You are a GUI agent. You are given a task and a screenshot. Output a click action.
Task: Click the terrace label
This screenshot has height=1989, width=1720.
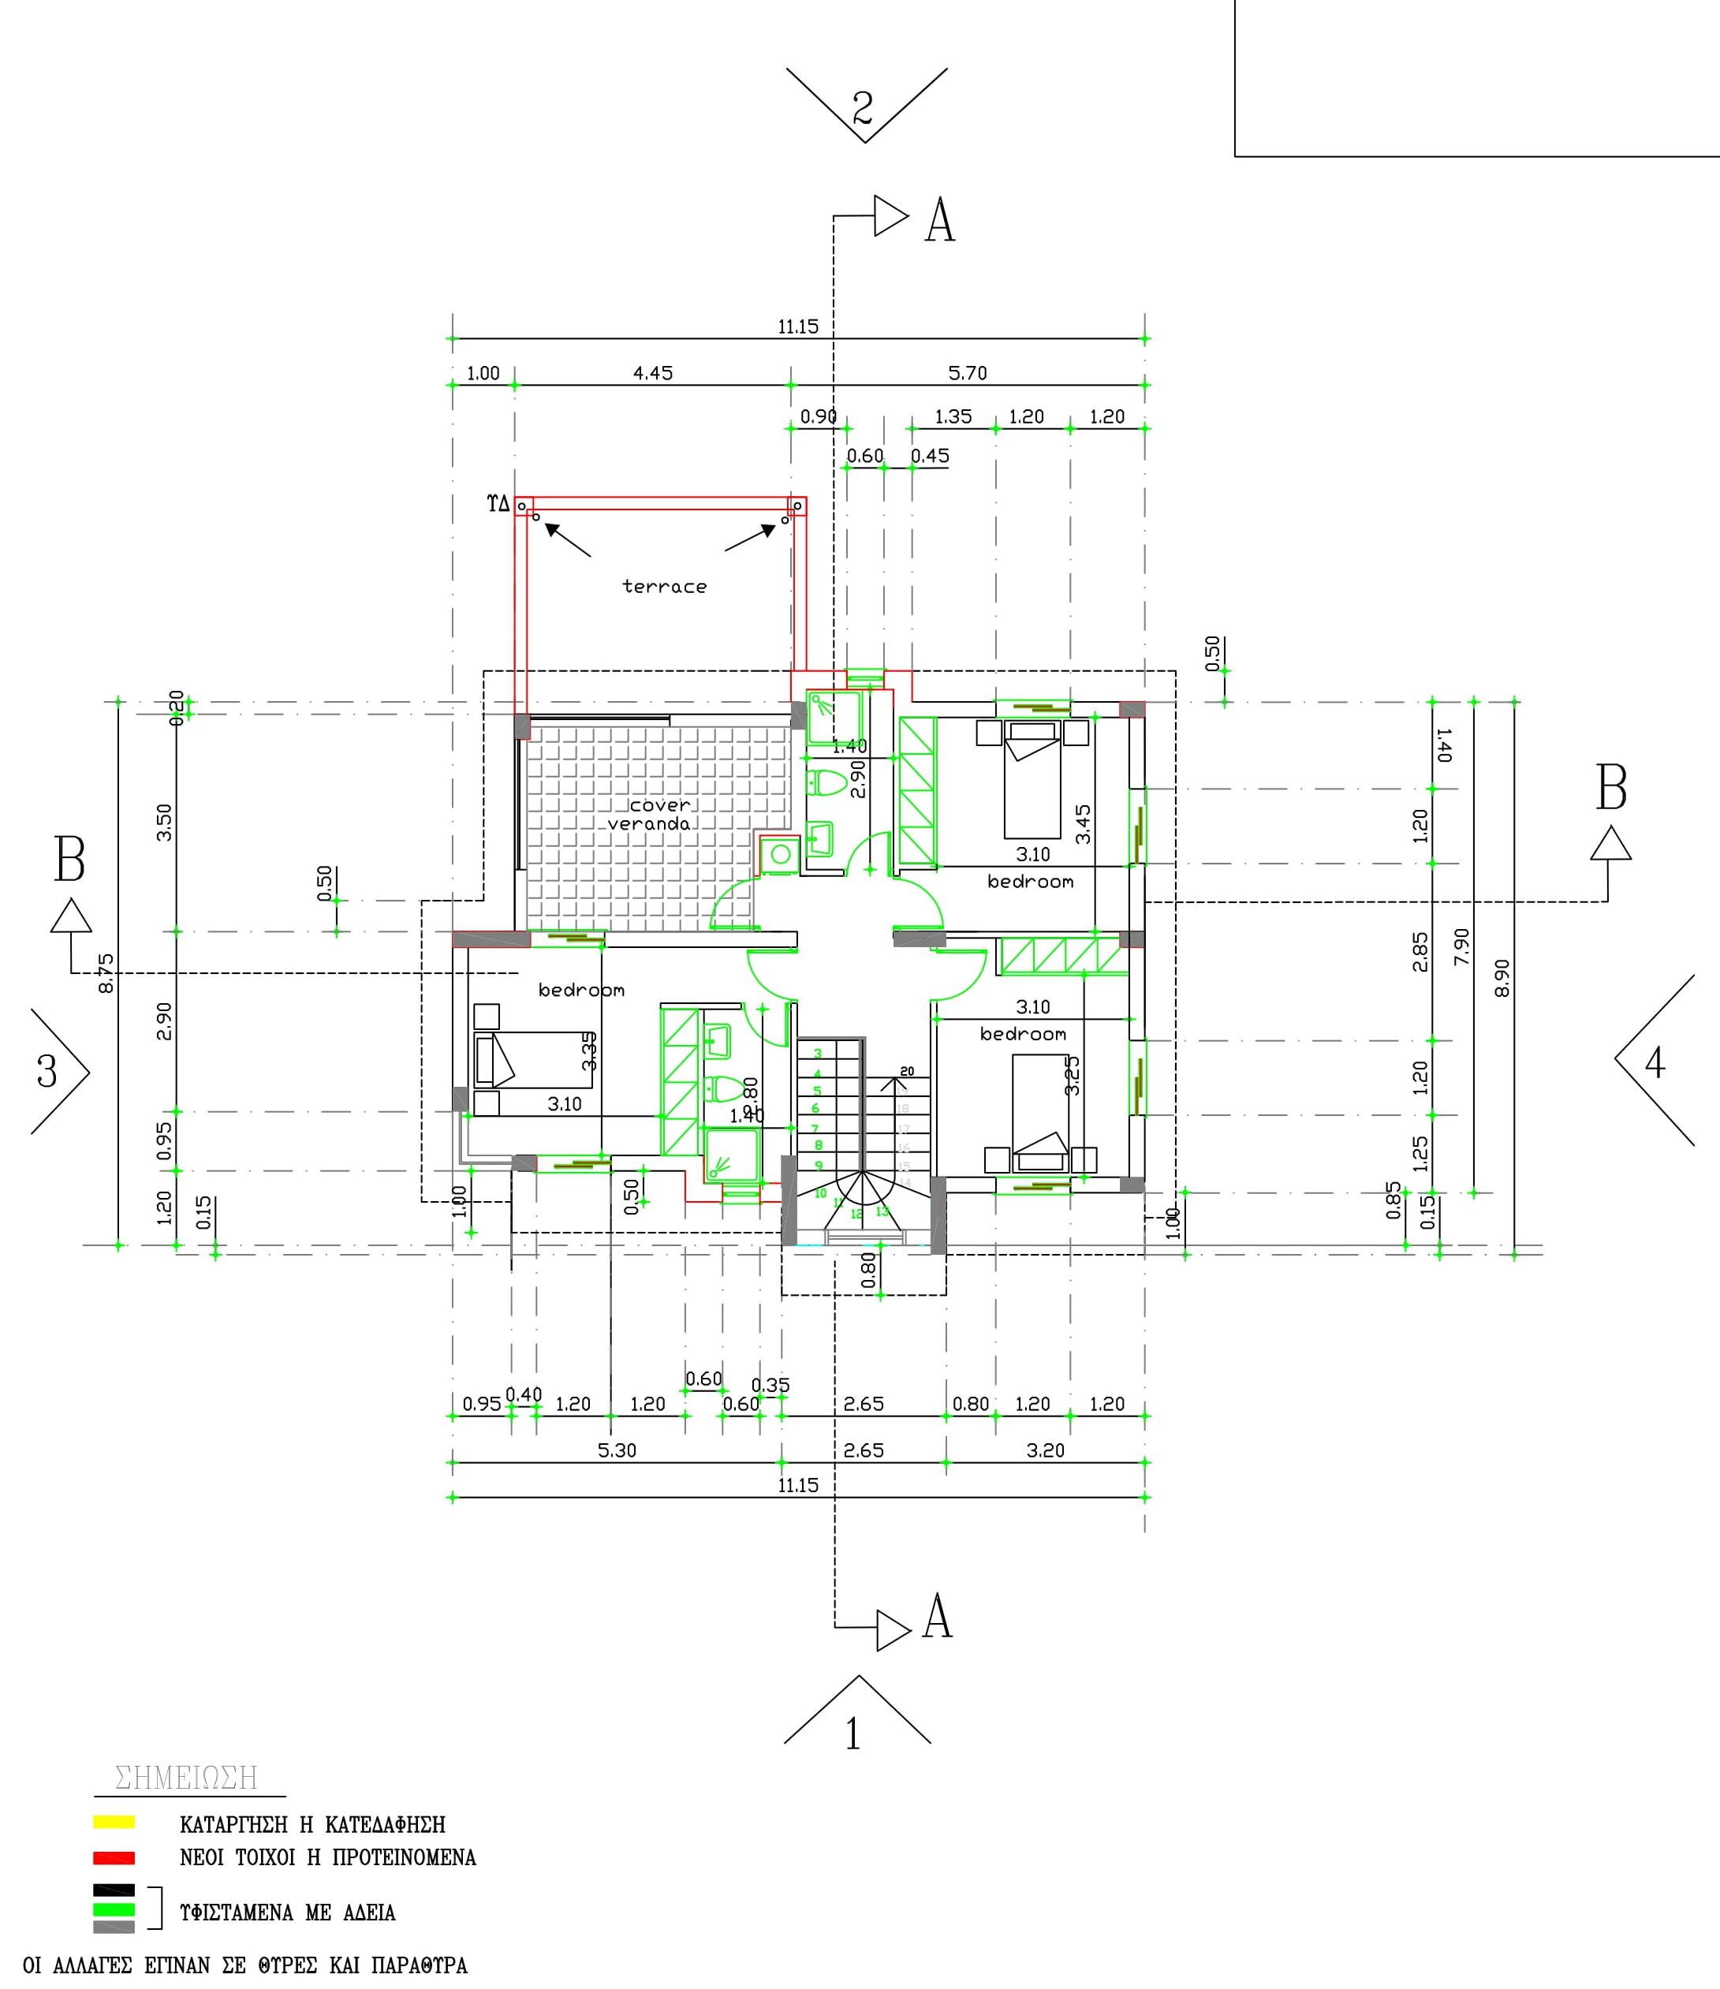tap(664, 587)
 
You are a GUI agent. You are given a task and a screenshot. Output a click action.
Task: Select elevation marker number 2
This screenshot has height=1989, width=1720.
tap(863, 107)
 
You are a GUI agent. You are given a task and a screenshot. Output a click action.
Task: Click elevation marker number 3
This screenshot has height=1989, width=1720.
tap(47, 1070)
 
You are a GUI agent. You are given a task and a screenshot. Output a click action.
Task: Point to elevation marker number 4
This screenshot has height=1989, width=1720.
tap(1655, 1062)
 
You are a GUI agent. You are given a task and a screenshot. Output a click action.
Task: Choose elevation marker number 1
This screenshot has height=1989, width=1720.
tap(853, 1734)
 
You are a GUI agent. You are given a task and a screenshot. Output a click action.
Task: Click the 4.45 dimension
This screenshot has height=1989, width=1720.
tap(653, 373)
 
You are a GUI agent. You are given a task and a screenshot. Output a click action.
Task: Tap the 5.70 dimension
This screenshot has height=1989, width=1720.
tap(968, 373)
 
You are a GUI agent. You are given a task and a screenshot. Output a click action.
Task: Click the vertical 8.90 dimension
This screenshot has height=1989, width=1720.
tap(1503, 977)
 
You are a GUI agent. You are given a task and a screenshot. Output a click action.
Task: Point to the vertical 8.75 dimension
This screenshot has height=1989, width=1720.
tap(106, 972)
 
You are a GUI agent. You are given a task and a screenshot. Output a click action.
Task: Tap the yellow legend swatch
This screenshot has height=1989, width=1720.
tap(114, 1821)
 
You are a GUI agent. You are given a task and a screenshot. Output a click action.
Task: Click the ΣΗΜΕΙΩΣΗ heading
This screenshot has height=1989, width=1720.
tap(186, 1778)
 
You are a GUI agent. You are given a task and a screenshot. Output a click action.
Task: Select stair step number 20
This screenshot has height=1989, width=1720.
tap(907, 1071)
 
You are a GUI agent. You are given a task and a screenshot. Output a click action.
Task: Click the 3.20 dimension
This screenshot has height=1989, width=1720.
tap(1045, 1450)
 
